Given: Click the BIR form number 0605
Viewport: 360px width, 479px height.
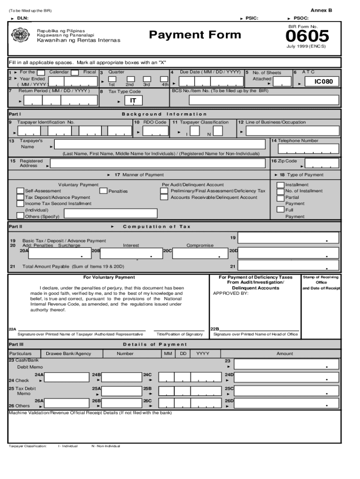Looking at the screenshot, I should tap(307, 36).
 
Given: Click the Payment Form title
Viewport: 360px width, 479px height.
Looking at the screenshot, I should tap(195, 35).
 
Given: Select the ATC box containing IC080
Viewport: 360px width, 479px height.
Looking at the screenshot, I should tap(324, 82).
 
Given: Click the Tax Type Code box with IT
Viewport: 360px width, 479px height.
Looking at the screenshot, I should tap(133, 100).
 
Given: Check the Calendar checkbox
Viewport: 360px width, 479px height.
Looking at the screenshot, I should tap(41, 73).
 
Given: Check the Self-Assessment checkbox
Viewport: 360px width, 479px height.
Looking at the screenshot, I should tap(20, 191).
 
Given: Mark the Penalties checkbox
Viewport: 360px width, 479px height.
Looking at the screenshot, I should tap(103, 191).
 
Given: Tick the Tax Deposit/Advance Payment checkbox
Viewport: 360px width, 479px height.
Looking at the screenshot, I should tap(20, 197).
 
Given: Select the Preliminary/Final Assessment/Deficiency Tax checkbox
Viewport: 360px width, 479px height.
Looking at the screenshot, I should tap(164, 191).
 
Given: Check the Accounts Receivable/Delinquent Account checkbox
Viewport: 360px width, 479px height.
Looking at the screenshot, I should tap(164, 197).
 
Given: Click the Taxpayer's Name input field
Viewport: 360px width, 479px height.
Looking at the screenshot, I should tap(161, 145).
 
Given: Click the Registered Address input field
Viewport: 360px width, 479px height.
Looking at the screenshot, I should tap(159, 164).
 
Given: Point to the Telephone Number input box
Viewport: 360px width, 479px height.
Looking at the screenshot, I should tap(308, 149).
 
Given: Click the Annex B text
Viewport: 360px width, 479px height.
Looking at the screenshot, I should tap(321, 10).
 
